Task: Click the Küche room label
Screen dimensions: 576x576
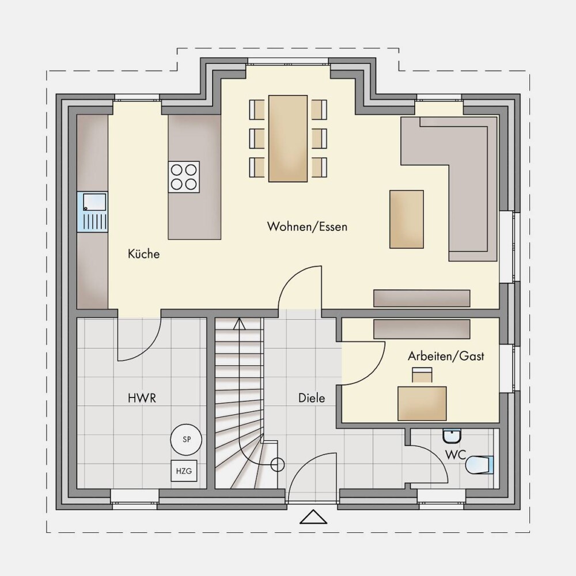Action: (143, 254)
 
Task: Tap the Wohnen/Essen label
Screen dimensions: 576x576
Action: (307, 226)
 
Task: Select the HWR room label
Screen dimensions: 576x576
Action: (142, 398)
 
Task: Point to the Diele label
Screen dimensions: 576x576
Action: (312, 398)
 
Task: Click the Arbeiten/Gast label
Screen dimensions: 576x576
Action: (446, 356)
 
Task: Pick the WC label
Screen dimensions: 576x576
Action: (456, 455)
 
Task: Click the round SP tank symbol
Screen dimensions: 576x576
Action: (186, 439)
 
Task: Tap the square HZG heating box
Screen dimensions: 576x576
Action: (184, 471)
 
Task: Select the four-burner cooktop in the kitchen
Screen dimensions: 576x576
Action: (184, 177)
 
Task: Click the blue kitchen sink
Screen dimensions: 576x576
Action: (92, 211)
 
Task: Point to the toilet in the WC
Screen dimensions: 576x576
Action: (479, 465)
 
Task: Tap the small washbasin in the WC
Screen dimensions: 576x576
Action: (452, 436)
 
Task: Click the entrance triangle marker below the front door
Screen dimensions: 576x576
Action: (313, 517)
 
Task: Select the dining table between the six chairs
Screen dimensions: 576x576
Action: (288, 138)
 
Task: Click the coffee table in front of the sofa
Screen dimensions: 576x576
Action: (407, 219)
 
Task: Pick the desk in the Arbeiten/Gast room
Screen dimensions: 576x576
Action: (422, 403)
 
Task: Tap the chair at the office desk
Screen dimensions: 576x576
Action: (422, 375)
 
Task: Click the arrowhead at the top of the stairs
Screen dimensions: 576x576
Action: (240, 323)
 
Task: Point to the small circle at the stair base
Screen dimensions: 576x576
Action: (278, 465)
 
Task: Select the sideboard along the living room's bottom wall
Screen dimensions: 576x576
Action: (422, 298)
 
